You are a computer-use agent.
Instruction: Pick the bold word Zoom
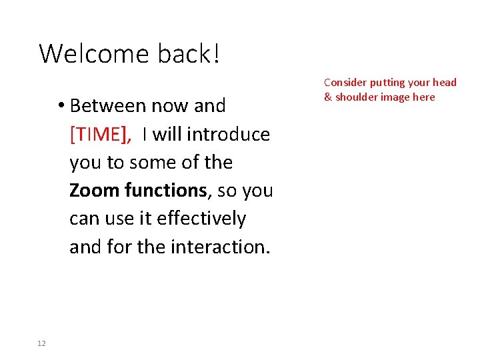click(94, 191)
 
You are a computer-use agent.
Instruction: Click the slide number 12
click(41, 343)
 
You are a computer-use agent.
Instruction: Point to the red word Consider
click(345, 83)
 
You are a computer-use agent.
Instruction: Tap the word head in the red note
click(445, 83)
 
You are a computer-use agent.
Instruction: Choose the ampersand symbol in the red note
click(328, 97)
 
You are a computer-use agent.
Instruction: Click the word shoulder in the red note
click(356, 97)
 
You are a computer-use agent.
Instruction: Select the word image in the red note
click(396, 97)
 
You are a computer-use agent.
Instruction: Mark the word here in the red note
click(424, 97)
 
